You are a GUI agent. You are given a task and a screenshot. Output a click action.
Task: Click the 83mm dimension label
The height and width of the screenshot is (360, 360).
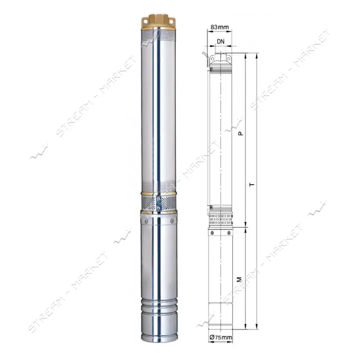click(x=220, y=27)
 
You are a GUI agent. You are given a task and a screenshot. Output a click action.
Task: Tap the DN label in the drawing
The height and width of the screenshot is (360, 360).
click(x=221, y=41)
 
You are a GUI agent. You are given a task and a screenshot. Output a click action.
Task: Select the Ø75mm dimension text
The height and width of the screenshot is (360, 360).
click(x=221, y=337)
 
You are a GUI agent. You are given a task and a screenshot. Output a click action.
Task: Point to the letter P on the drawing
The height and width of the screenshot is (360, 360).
click(x=240, y=133)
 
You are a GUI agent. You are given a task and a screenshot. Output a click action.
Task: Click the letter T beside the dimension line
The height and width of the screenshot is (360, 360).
click(x=253, y=184)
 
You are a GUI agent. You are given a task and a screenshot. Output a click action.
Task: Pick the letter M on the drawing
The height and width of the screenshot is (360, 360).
click(x=240, y=279)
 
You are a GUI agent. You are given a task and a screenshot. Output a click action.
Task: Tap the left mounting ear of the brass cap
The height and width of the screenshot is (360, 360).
click(x=145, y=22)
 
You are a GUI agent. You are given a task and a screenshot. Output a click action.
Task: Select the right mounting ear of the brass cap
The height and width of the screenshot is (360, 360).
click(x=172, y=21)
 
